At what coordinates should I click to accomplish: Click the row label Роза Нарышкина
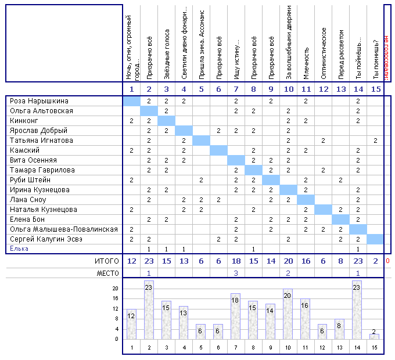39,101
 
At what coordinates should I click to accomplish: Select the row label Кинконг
24,121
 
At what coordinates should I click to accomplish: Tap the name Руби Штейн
30,180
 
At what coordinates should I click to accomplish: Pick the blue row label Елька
19,249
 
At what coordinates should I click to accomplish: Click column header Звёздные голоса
167,55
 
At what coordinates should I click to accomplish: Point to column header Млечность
306,63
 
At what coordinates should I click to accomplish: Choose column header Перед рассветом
341,55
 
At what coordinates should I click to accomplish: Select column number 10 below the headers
289,89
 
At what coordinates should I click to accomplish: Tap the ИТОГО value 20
289,261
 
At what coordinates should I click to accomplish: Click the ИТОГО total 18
236,261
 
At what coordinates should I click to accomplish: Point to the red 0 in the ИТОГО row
387,261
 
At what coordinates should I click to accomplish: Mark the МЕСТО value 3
236,273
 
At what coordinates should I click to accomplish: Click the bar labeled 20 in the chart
288,314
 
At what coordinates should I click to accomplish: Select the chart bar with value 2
374,337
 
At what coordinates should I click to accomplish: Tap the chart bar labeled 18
235,316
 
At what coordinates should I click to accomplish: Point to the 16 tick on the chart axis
116,298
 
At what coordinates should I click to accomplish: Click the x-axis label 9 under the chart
271,348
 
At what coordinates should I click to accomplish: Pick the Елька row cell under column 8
253,249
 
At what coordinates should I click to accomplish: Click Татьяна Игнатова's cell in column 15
376,141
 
